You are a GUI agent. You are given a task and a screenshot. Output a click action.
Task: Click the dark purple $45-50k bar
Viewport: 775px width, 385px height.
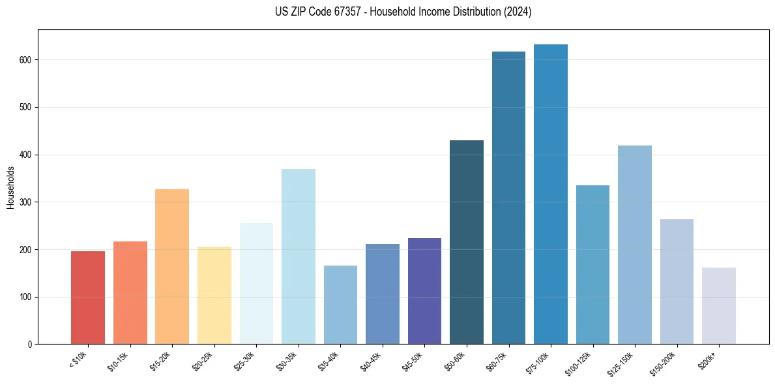[424, 291]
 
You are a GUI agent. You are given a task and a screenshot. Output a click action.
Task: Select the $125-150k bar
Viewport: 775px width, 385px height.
[635, 245]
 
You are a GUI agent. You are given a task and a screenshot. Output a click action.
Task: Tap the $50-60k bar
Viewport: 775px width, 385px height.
[467, 242]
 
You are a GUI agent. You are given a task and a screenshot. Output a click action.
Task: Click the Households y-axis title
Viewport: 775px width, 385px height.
[10, 187]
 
